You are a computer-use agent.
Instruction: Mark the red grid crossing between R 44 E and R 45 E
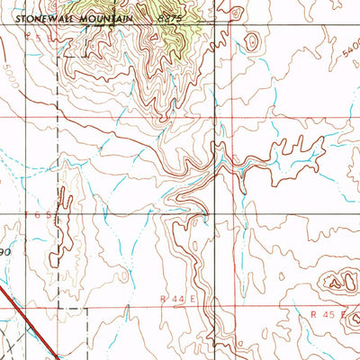(x=216, y=307)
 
